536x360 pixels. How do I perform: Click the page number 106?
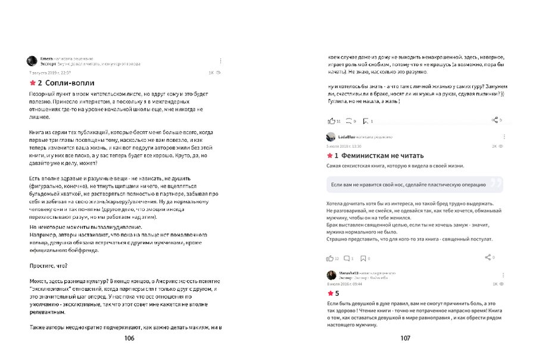click(x=129, y=338)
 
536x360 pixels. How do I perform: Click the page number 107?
click(x=405, y=338)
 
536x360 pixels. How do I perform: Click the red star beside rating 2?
click(x=32, y=83)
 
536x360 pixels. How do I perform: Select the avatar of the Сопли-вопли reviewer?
click(x=32, y=61)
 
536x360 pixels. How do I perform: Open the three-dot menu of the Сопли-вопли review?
click(x=220, y=61)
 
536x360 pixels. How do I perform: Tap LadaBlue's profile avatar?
click(x=331, y=137)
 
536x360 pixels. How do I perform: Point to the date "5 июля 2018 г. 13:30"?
click(x=344, y=145)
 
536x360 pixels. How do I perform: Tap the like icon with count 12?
click(x=331, y=258)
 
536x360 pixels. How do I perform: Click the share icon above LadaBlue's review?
click(x=494, y=120)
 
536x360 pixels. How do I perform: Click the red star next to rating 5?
click(x=330, y=294)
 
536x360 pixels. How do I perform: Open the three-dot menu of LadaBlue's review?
click(x=503, y=136)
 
